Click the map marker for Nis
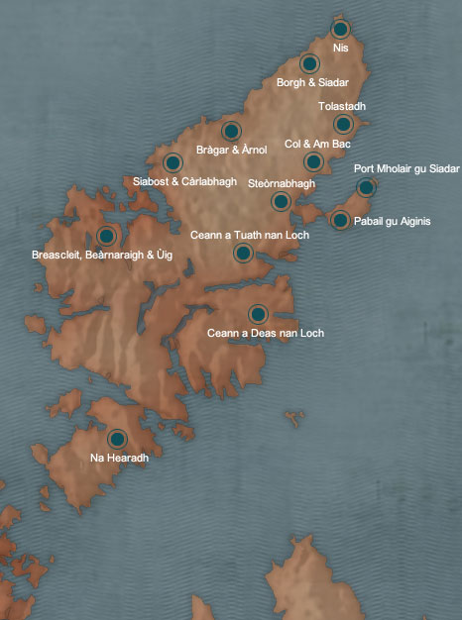(340, 29)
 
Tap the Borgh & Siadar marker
(309, 64)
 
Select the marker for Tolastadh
(343, 124)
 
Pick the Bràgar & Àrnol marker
(231, 131)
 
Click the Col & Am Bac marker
(313, 161)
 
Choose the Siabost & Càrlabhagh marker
(173, 162)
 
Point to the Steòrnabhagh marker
(281, 202)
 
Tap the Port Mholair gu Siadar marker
(366, 187)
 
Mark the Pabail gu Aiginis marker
(340, 220)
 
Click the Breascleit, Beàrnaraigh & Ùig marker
(106, 236)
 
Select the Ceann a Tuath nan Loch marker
(243, 254)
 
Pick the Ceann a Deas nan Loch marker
(258, 314)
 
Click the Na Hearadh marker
(117, 439)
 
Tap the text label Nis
(342, 48)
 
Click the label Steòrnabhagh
(281, 183)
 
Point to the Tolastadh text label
(342, 105)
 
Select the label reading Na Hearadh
(119, 458)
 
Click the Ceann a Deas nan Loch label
(265, 333)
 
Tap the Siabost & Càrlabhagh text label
(184, 181)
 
